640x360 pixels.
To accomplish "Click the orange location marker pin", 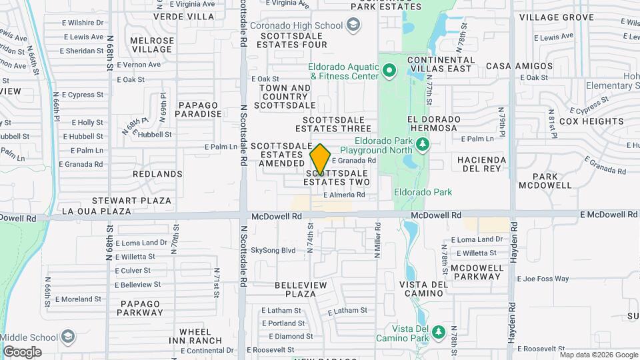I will pos(320,159).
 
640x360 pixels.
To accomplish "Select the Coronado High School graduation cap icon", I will pos(353,26).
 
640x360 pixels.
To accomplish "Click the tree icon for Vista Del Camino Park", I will pos(438,331).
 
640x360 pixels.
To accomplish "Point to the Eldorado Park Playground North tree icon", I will pos(421,144).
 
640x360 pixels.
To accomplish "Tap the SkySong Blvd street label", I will pos(273,251).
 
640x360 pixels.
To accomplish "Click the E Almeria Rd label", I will pos(344,195).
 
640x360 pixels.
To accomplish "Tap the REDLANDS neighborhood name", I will pos(157,174).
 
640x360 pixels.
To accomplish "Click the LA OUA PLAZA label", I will pos(96,211).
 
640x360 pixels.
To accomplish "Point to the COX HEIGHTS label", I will pos(591,121).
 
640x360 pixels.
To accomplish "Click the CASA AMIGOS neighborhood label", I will pos(519,66).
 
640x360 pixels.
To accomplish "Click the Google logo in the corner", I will pos(22,351).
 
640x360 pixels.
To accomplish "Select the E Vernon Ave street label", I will pos(139,65).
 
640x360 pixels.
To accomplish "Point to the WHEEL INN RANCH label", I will pos(195,336).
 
